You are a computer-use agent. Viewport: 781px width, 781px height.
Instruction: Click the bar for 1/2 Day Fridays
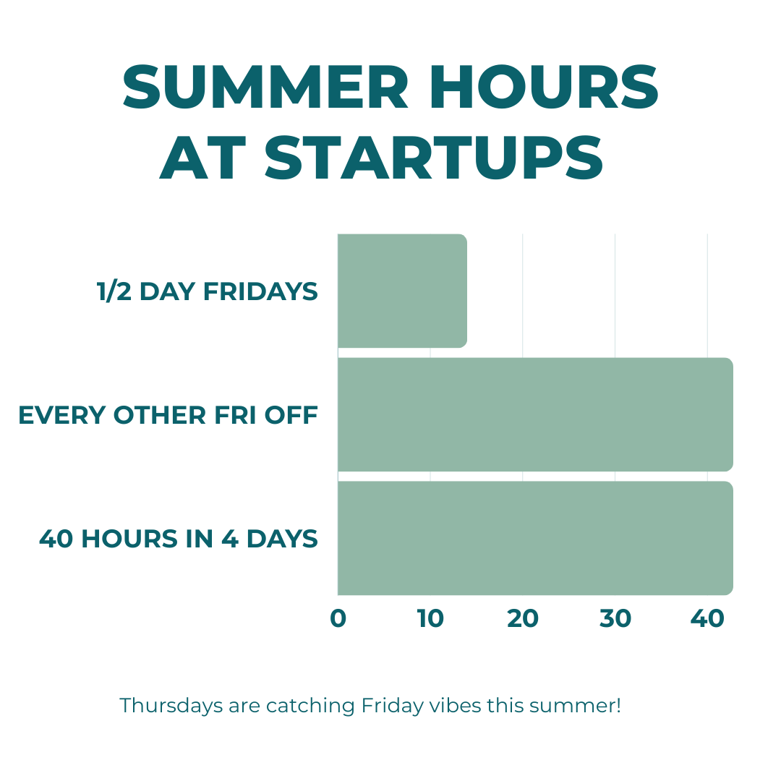[403, 291]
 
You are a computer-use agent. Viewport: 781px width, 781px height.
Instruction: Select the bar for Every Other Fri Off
[535, 414]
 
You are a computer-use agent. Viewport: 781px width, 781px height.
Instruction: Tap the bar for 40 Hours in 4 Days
[535, 538]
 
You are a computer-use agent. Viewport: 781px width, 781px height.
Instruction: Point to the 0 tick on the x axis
[338, 618]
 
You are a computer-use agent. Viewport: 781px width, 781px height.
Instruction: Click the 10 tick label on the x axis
[430, 618]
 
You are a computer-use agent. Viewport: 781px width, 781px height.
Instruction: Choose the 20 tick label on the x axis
[523, 618]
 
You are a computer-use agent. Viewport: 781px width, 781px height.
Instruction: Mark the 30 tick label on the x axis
[615, 618]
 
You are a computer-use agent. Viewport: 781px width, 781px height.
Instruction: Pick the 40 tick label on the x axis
[707, 618]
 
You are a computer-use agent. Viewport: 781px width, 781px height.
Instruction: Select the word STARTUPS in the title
[434, 158]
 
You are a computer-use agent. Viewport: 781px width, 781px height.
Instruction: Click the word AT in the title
[202, 158]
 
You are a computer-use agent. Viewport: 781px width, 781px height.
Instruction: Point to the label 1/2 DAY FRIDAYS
[208, 291]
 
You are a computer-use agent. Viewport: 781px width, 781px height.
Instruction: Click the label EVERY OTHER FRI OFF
[168, 415]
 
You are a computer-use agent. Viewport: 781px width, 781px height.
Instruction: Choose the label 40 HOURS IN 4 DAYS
[179, 539]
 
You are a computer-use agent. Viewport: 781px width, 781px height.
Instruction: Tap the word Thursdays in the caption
[171, 706]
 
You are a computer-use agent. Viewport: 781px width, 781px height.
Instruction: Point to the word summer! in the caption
[575, 706]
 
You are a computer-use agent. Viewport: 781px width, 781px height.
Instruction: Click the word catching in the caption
[310, 706]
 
